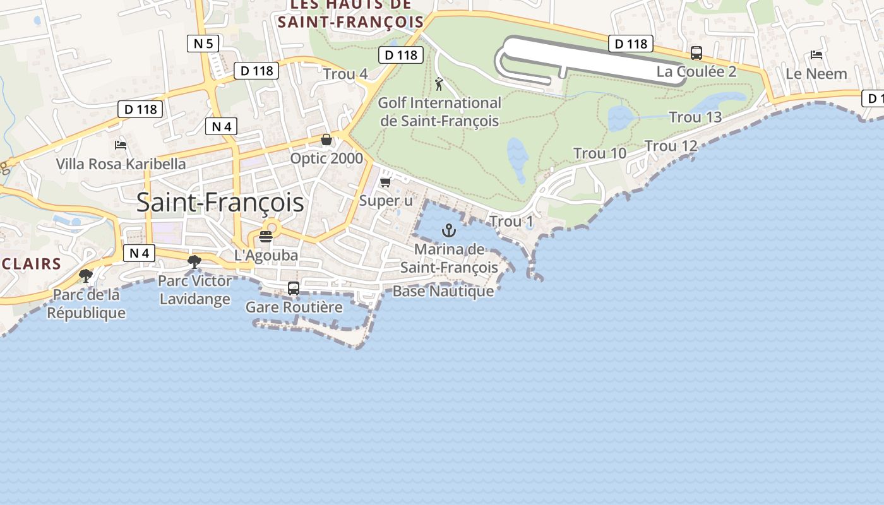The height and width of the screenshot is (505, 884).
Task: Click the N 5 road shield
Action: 203,44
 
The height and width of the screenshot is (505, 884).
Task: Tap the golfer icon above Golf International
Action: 439,83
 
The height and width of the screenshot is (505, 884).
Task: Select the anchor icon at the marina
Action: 449,230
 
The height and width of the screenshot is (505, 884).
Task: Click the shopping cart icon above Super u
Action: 385,182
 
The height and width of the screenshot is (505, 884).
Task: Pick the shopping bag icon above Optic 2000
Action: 326,140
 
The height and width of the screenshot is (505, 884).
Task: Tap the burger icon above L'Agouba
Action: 266,237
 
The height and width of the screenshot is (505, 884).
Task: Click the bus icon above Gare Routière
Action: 294,288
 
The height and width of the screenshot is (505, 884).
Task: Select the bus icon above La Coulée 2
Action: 696,53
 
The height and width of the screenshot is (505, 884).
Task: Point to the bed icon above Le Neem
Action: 816,55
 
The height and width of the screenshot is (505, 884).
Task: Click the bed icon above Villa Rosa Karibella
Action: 121,145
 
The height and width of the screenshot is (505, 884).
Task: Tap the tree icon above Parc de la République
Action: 85,276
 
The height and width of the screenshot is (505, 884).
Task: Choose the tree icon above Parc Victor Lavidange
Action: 194,262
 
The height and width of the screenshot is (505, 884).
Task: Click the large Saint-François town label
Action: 220,203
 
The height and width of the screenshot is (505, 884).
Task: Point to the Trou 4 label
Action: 345,74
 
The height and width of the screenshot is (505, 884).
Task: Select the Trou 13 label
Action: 695,117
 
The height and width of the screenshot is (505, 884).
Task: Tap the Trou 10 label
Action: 600,153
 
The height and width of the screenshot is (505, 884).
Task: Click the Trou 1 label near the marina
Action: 511,222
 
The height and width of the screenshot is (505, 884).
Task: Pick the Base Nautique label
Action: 443,291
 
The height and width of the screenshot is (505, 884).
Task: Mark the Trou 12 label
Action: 671,146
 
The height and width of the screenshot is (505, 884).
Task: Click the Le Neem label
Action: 816,74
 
